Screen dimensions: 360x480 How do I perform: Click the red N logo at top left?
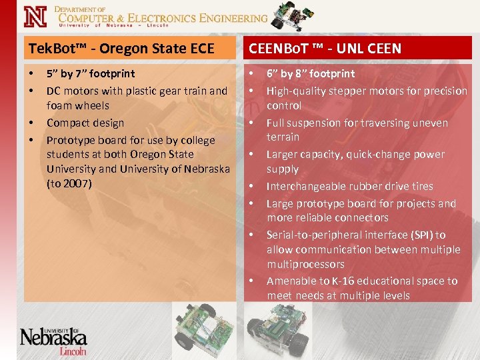[35, 16]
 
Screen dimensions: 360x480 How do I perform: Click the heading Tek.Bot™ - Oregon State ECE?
[121, 48]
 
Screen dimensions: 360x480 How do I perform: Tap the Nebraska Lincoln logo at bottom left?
[53, 339]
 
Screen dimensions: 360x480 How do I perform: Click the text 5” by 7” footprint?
[90, 73]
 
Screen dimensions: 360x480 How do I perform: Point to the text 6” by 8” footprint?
[311, 73]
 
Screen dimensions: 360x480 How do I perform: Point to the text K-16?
[358, 281]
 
